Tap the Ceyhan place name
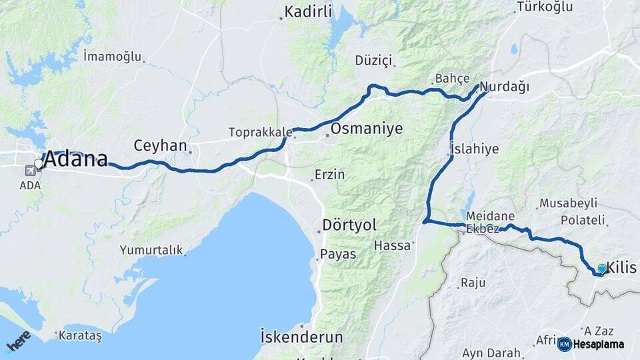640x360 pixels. pyautogui.click(x=159, y=145)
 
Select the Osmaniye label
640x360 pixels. pyautogui.click(x=367, y=129)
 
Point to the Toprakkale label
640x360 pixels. pyautogui.click(x=257, y=132)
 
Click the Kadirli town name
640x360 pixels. pyautogui.click(x=308, y=11)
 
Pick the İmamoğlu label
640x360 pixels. pyautogui.click(x=113, y=56)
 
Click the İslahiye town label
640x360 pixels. pyautogui.click(x=474, y=149)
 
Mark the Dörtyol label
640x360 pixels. pyautogui.click(x=349, y=224)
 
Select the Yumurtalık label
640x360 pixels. pyautogui.click(x=151, y=250)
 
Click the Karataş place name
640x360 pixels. pyautogui.click(x=80, y=335)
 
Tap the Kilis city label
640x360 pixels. pyautogui.click(x=622, y=268)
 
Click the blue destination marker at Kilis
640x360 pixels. pyautogui.click(x=602, y=269)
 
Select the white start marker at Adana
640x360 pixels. pyautogui.click(x=39, y=163)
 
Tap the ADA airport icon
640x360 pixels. pyautogui.click(x=31, y=170)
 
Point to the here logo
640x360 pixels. pyautogui.click(x=18, y=342)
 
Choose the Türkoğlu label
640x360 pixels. pyautogui.click(x=545, y=7)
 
